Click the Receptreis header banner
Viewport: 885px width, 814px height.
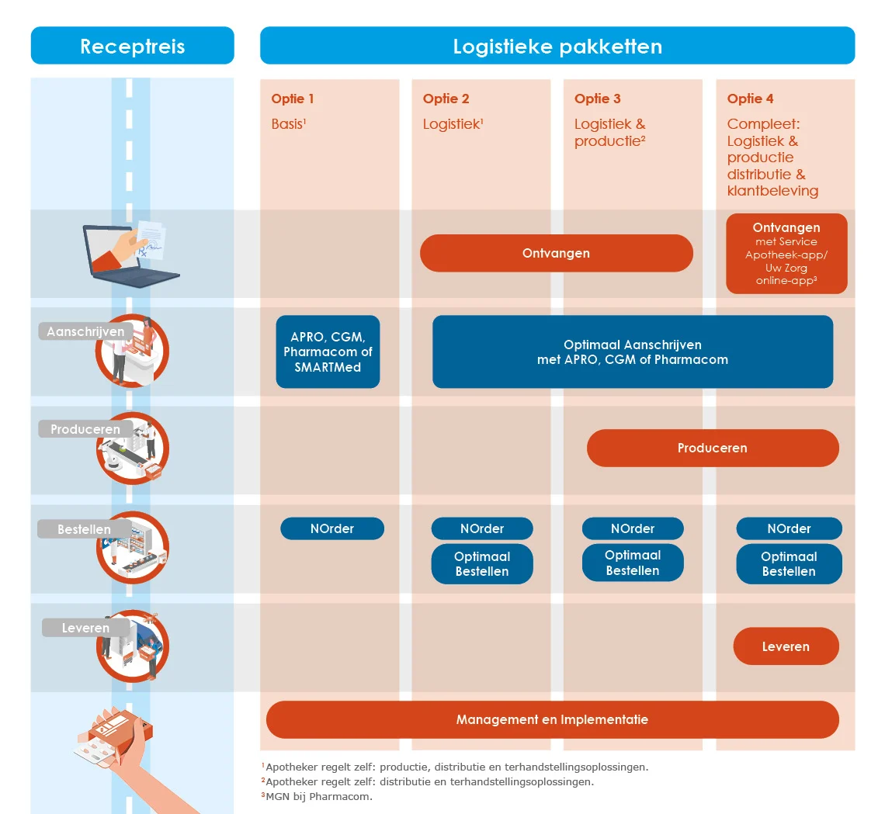point(132,46)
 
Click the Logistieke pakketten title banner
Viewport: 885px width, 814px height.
point(557,46)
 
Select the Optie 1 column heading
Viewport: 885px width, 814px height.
point(293,99)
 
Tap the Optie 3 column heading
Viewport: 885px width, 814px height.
point(597,99)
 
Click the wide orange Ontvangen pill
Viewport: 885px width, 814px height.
point(556,253)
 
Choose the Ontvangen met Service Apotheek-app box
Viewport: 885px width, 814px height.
point(786,254)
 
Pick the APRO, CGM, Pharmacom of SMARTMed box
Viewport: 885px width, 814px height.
point(328,352)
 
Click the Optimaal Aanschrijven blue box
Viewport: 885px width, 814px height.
point(632,352)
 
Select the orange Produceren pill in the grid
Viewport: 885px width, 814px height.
point(712,448)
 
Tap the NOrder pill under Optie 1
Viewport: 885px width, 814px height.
point(331,528)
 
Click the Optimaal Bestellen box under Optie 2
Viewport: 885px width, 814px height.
point(482,564)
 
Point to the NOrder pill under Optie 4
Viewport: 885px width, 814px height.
point(789,528)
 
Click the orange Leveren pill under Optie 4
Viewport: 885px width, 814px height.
point(786,646)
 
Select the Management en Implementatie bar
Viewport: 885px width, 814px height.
point(552,719)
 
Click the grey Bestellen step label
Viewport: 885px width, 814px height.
point(83,530)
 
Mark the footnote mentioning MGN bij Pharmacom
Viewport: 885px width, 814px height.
point(318,796)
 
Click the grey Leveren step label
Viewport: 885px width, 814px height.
point(85,628)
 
